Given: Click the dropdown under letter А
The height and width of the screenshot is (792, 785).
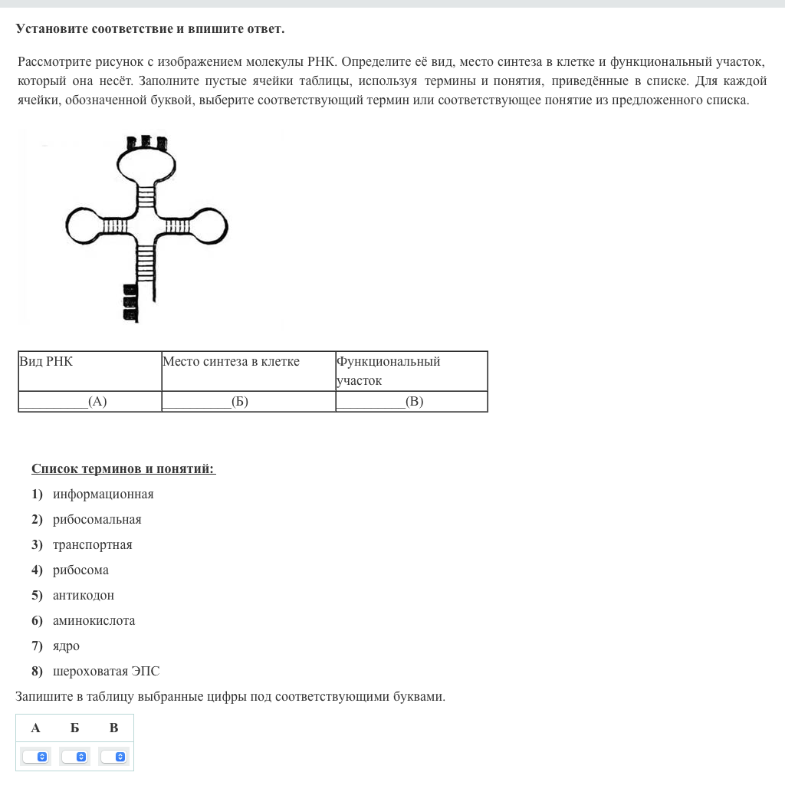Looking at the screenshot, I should click(x=36, y=757).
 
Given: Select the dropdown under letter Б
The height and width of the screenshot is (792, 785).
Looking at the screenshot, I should click(x=75, y=757).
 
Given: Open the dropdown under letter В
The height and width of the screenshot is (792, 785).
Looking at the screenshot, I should click(x=114, y=757).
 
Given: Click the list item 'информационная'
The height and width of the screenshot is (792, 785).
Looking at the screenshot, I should click(x=103, y=494).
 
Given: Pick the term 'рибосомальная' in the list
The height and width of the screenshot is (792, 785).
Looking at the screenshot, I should click(x=97, y=519).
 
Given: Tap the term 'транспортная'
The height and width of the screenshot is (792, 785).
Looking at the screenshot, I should click(x=92, y=544).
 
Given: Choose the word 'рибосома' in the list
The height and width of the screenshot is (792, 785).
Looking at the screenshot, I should click(x=80, y=570).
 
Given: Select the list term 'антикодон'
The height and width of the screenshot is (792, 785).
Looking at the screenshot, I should click(x=83, y=595).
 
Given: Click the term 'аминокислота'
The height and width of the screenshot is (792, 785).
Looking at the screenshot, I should click(x=94, y=620).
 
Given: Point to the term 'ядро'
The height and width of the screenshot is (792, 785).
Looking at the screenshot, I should click(x=66, y=646).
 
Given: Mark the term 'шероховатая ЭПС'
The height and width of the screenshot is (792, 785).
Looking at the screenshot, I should click(x=106, y=671).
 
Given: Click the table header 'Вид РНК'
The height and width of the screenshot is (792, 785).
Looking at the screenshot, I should click(x=46, y=361).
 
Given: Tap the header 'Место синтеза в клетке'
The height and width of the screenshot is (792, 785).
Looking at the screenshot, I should click(x=231, y=361).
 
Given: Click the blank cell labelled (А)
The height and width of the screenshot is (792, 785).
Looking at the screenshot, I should click(x=90, y=401).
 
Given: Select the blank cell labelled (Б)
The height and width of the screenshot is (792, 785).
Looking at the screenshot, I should click(x=248, y=401).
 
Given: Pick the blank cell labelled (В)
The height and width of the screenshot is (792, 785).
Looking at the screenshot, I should click(x=412, y=401).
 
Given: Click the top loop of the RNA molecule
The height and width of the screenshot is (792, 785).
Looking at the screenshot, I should click(x=146, y=163).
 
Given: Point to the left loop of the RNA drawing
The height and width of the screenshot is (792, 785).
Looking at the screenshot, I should click(x=84, y=225).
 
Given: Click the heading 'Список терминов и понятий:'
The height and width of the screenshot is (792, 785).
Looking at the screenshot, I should click(x=123, y=468).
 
